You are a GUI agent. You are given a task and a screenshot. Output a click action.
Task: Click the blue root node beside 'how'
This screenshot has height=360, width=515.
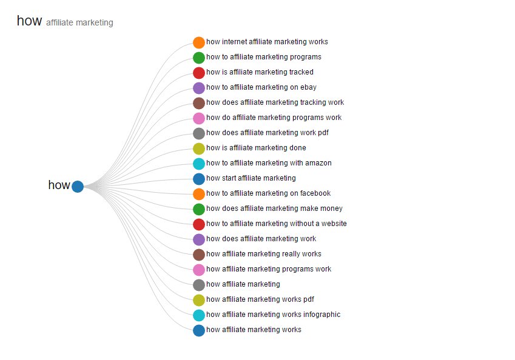coord(78,186)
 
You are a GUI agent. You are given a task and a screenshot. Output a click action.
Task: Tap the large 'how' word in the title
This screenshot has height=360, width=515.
coord(29,21)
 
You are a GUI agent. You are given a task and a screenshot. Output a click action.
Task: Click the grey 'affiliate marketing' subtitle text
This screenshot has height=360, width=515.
coord(79,23)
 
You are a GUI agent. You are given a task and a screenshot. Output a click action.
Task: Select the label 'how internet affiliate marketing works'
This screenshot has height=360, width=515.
coord(267,42)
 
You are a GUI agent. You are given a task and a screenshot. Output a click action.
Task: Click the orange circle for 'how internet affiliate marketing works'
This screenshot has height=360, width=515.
coord(199,42)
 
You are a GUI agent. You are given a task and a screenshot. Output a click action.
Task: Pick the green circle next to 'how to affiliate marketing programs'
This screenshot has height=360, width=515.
coord(199,58)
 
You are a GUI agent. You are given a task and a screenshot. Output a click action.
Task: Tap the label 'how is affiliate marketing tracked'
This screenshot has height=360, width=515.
coord(260,72)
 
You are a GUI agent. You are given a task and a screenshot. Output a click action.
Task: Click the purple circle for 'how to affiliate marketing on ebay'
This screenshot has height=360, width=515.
coord(199,88)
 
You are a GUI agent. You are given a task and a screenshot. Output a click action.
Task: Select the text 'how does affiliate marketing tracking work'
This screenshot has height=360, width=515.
coord(275,102)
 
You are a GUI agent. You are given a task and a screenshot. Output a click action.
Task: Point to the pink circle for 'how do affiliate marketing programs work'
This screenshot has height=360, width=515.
coord(199,118)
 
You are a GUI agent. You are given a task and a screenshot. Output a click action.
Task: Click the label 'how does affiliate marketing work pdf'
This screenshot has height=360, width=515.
coord(267,133)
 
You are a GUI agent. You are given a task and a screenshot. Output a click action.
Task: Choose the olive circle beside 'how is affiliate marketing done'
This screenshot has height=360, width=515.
coord(199,148)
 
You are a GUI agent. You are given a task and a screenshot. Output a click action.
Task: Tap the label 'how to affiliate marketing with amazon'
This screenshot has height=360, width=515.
coord(269,163)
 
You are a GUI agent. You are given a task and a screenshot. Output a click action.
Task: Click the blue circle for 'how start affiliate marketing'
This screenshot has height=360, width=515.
coord(199,179)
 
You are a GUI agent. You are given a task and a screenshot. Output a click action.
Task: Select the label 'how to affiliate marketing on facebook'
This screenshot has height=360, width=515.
coord(268,193)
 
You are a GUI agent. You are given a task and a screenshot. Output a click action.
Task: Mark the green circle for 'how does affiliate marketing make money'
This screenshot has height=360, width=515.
coord(199,209)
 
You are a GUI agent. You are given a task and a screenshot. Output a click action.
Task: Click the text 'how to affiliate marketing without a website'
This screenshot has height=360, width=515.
coord(276,224)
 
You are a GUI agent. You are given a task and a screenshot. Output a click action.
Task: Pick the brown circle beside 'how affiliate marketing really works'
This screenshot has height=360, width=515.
coord(199,255)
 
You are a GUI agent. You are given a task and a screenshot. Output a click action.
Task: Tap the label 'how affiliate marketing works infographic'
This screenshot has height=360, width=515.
coord(273,315)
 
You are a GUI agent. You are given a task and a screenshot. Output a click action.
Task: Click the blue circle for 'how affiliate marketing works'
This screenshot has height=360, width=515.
coord(199,330)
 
